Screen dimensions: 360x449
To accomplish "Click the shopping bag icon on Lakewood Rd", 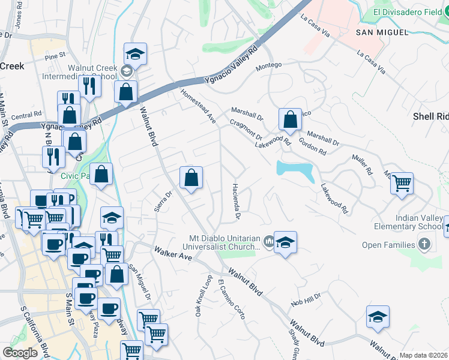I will (x=291, y=119).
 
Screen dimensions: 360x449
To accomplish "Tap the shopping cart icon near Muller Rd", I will (x=402, y=183).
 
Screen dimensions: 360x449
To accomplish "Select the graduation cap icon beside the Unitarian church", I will (x=285, y=242).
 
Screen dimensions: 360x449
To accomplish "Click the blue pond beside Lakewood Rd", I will (x=295, y=170).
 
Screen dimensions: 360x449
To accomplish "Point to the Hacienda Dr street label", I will (x=236, y=200).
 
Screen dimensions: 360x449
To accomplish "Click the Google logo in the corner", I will (x=20, y=353).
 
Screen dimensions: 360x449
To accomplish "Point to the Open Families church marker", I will (x=424, y=244).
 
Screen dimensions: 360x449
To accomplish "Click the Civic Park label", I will (x=74, y=176).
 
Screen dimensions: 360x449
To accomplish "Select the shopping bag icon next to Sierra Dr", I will (x=191, y=178).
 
